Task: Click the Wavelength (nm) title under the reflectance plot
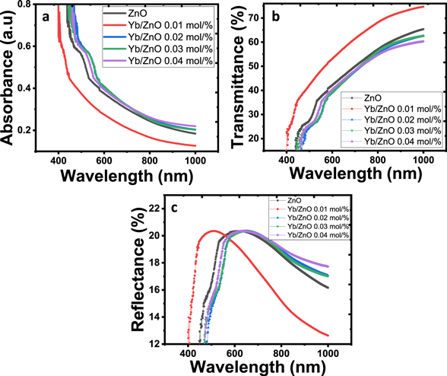coord(258,366)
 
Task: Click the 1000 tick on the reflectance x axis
coord(328,353)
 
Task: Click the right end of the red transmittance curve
coord(423,7)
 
